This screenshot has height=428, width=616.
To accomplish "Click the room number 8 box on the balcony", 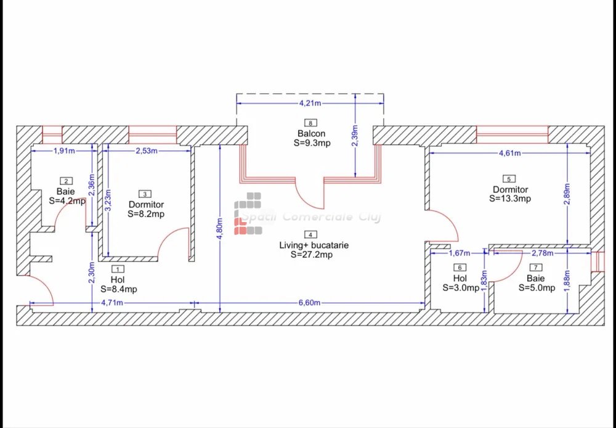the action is pyautogui.click(x=310, y=123).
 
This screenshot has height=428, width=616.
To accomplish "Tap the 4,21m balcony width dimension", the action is pyautogui.click(x=310, y=104).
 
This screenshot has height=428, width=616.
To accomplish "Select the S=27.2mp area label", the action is pyautogui.click(x=312, y=255).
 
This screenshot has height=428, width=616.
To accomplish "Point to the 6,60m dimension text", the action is pyautogui.click(x=309, y=303).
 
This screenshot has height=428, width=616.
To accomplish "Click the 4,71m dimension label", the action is pyautogui.click(x=112, y=303).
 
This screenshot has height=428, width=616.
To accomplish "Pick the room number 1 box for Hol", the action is pyautogui.click(x=118, y=269).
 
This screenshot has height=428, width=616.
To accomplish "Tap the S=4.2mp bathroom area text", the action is pyautogui.click(x=67, y=200).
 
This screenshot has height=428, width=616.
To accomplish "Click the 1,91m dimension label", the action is pyautogui.click(x=64, y=150).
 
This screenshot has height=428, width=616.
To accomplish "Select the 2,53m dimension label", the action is pyautogui.click(x=147, y=150).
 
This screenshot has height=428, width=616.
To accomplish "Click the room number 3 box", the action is pyautogui.click(x=145, y=194).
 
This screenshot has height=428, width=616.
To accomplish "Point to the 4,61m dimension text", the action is pyautogui.click(x=509, y=153).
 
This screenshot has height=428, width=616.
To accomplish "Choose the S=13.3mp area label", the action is pyautogui.click(x=510, y=199).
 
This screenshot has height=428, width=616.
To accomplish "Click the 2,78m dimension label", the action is pyautogui.click(x=542, y=253).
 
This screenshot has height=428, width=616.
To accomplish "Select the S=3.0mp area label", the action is pyautogui.click(x=461, y=287).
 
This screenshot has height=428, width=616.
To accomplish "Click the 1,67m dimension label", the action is pyautogui.click(x=460, y=253).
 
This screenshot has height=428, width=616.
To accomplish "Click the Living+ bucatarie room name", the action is pyautogui.click(x=314, y=245).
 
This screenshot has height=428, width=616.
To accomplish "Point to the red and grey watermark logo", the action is pyautogui.click(x=248, y=213).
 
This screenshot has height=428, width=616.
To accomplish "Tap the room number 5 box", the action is pyautogui.click(x=509, y=179).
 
